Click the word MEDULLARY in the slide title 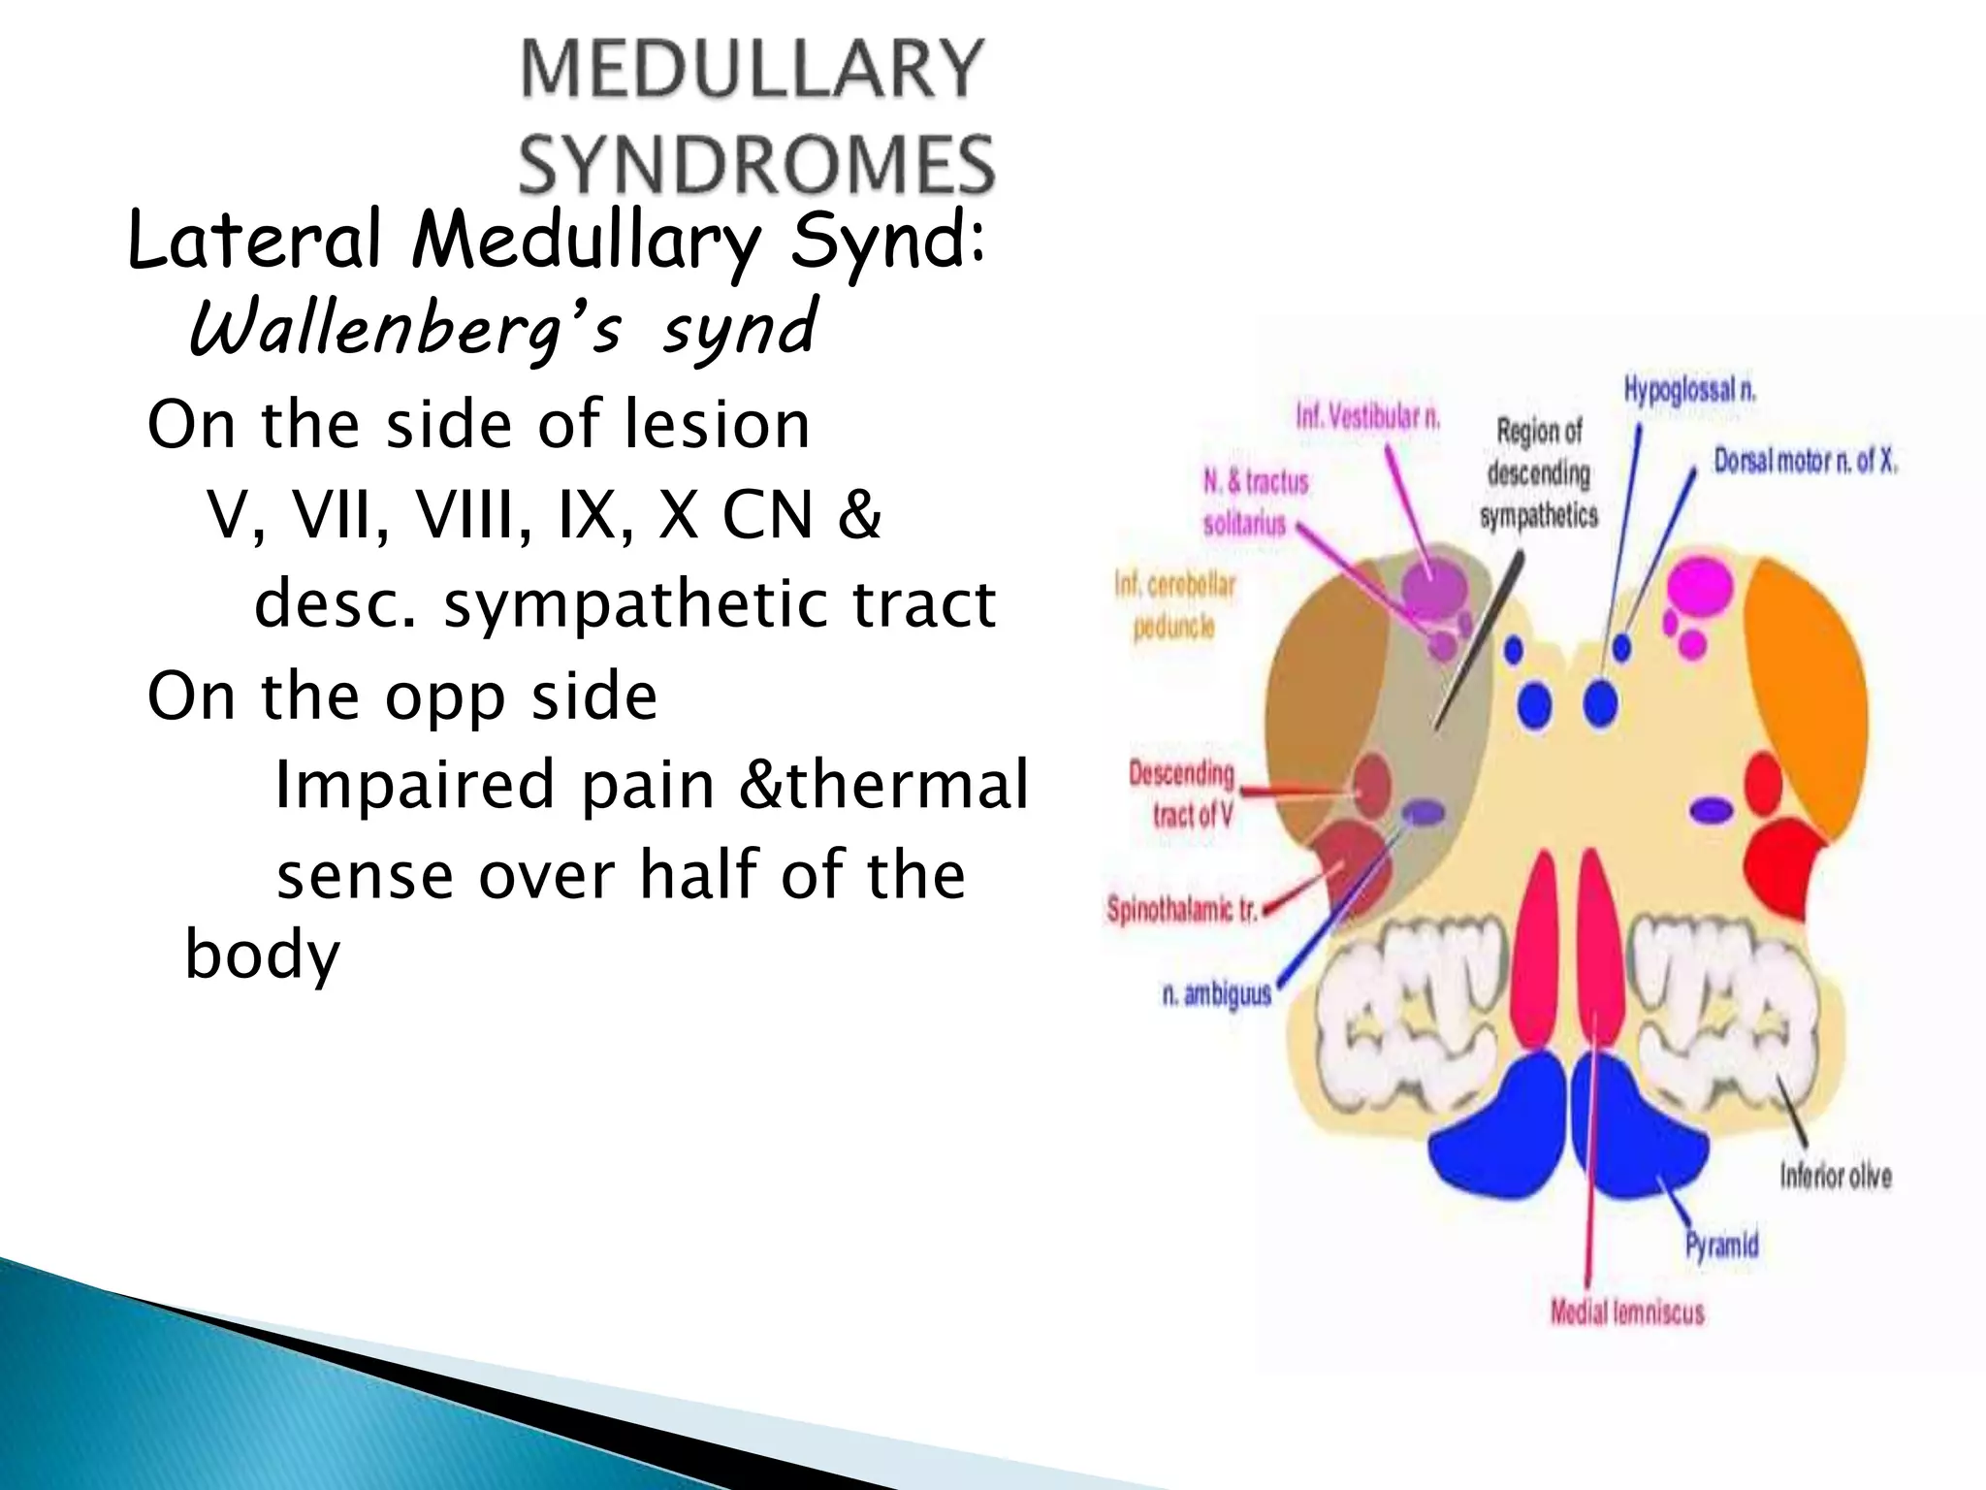(x=753, y=69)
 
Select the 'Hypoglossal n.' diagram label (x=1690, y=390)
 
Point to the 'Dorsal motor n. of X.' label (x=1805, y=460)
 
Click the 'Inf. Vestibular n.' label (x=1368, y=417)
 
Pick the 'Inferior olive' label (x=1835, y=1176)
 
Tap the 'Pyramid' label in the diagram (x=1721, y=1245)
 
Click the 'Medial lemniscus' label (x=1626, y=1313)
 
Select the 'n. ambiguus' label (x=1216, y=995)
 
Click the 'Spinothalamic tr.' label (x=1181, y=910)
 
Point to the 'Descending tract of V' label (x=1182, y=794)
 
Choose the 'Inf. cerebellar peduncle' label (x=1174, y=605)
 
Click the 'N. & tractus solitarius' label (x=1255, y=502)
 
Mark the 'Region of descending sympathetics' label (x=1538, y=473)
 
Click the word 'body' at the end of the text (x=263, y=955)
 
